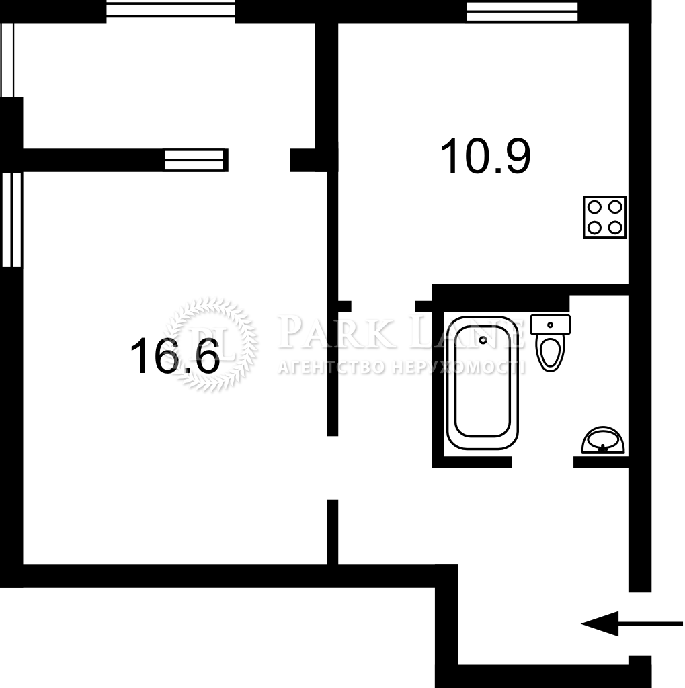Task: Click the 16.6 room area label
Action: click(175, 355)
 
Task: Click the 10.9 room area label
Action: click(485, 156)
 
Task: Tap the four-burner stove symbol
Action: click(604, 217)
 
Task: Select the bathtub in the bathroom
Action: click(483, 382)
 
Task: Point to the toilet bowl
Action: click(550, 353)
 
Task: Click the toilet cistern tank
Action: click(550, 325)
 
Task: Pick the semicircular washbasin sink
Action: click(603, 439)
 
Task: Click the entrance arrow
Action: click(632, 623)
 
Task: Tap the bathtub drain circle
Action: click(483, 339)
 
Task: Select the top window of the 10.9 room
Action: click(522, 11)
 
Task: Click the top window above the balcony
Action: click(171, 11)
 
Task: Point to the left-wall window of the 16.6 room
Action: click(11, 220)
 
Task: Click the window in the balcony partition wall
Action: click(194, 160)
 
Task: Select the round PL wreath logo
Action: click(212, 345)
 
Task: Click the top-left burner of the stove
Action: click(594, 207)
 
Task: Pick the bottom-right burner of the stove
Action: click(615, 228)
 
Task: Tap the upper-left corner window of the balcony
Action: click(7, 59)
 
